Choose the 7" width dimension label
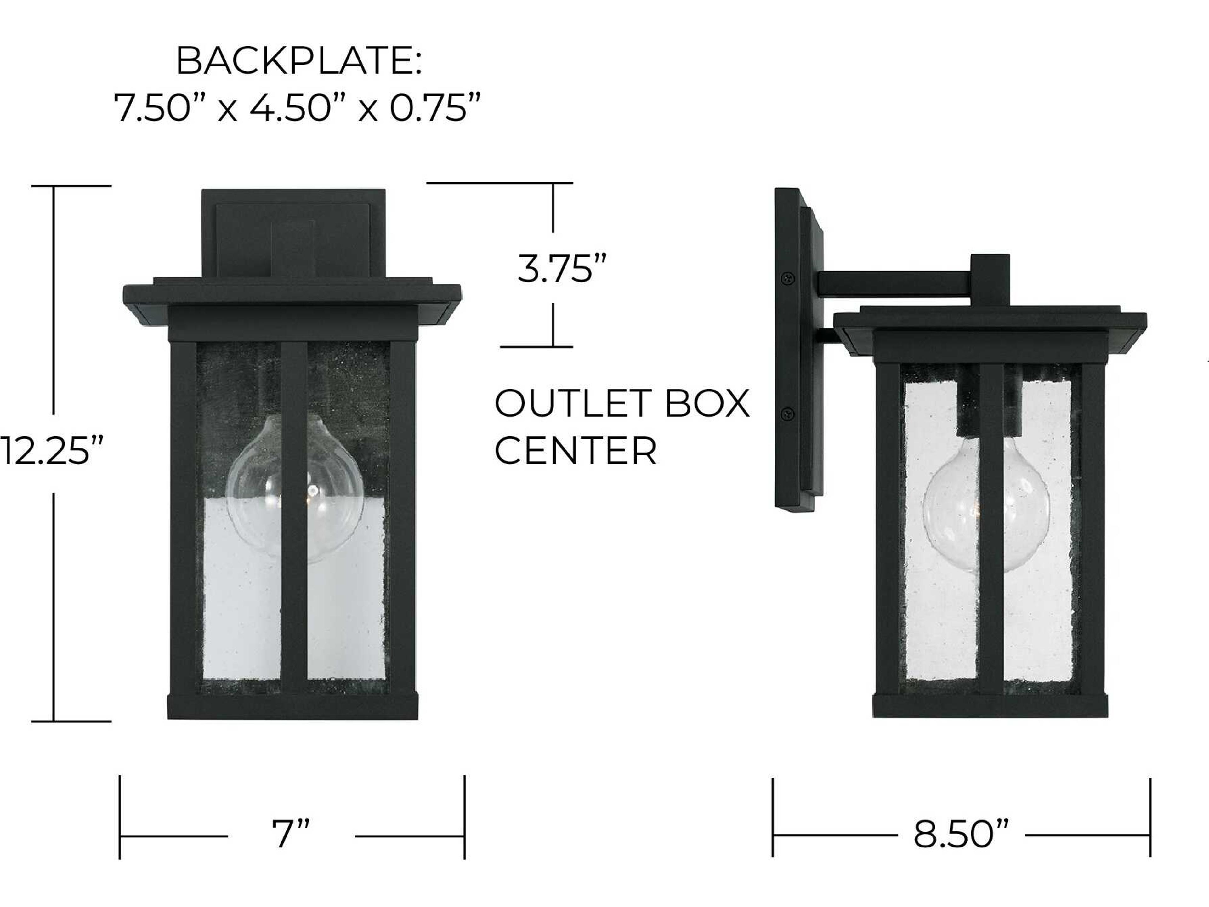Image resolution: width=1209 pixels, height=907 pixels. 291,834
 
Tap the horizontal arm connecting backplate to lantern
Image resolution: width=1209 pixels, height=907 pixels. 894,284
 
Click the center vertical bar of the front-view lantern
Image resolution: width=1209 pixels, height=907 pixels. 294,514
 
